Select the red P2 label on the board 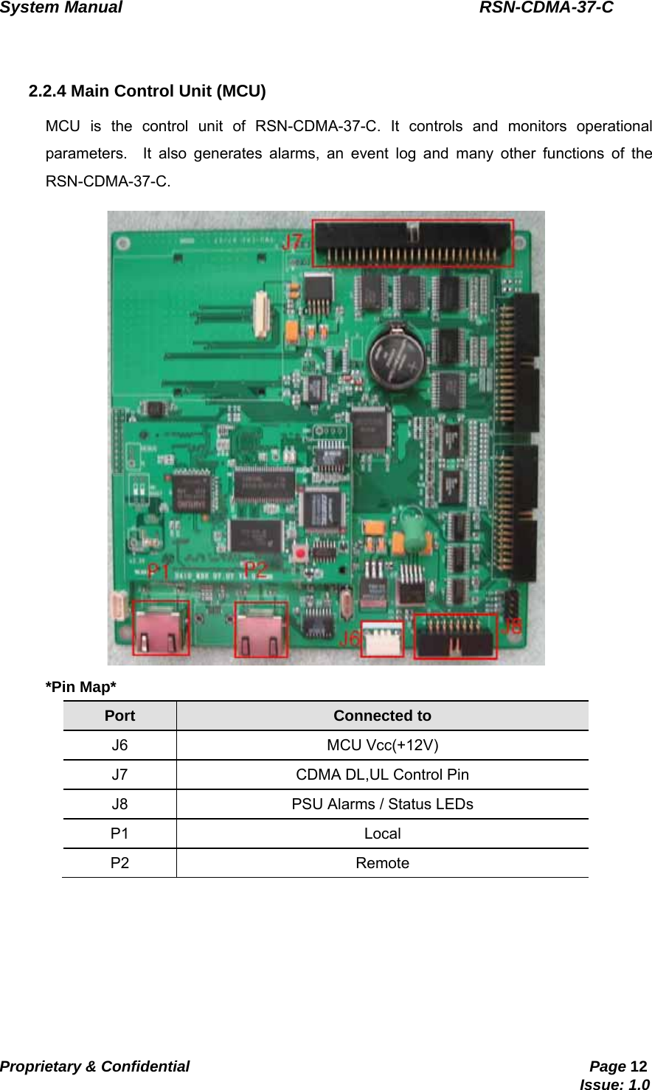pos(255,569)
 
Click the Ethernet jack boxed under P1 pos(161,628)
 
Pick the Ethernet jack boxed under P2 pos(261,629)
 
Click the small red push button pos(300,552)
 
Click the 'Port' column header pos(119,716)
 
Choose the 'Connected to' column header pos(382,716)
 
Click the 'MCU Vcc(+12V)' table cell pos(382,745)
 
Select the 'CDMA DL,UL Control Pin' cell pos(382,775)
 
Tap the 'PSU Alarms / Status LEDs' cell pos(382,804)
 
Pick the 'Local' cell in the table pos(382,834)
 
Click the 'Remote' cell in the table pos(382,863)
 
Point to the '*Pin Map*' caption pos(81,687)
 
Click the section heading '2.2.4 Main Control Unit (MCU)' pos(147,91)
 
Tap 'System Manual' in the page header pos(61,8)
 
